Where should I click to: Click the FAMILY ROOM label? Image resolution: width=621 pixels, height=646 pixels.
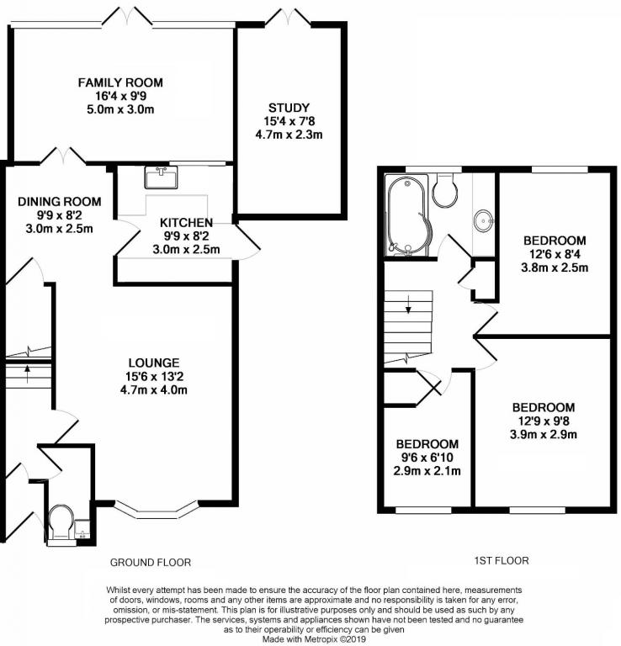coord(120,82)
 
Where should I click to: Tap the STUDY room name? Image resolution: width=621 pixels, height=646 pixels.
coord(289,108)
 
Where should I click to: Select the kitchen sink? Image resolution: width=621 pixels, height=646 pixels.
coord(161,177)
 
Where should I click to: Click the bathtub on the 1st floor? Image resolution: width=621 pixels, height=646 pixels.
coord(408,214)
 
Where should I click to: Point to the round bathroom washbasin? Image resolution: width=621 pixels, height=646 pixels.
coord(483,220)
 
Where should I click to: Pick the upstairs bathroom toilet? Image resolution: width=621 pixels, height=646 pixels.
coord(444,189)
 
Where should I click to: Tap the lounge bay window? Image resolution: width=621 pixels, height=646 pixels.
coord(157,511)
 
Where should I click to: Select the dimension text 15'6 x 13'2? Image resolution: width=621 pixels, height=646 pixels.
coord(154,376)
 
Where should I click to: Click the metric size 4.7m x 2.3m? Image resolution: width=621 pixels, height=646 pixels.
coord(289,135)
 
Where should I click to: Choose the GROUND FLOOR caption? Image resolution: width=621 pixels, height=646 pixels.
coord(151,563)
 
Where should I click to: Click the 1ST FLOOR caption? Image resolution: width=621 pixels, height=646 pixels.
coord(502,560)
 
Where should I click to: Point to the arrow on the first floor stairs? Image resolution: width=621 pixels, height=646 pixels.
coord(408,304)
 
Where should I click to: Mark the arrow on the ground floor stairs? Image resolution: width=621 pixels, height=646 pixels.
coord(28,373)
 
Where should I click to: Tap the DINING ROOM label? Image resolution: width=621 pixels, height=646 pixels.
coord(60,202)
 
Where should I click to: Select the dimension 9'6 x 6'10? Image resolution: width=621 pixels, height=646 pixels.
coord(427,458)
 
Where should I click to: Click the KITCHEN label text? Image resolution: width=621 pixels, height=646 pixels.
coord(186,223)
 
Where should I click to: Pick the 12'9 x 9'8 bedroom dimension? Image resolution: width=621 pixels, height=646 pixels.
coord(543,421)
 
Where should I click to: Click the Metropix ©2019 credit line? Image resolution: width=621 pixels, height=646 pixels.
coord(314,639)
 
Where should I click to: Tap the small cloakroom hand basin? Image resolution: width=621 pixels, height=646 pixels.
coord(82,529)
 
